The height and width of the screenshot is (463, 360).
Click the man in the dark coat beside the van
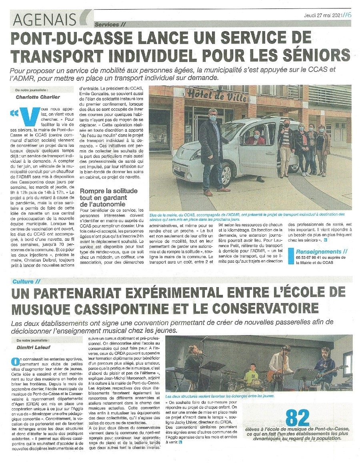click(211, 150)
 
